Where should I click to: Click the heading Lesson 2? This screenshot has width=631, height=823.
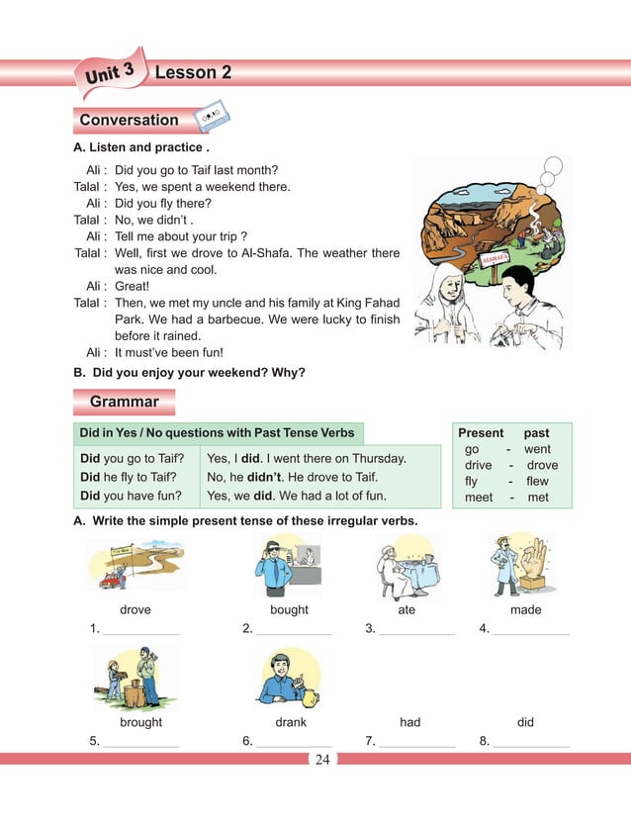point(194,72)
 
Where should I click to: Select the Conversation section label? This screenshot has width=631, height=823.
point(129,121)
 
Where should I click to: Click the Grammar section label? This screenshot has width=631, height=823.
point(124,402)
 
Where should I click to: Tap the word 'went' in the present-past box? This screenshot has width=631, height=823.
point(537,449)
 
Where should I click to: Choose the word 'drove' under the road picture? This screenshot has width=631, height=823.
point(135,610)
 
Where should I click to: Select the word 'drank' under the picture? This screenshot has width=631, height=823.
point(291,722)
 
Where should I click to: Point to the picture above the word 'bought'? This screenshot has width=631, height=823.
point(288,564)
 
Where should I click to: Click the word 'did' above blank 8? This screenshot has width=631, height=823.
point(525,722)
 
